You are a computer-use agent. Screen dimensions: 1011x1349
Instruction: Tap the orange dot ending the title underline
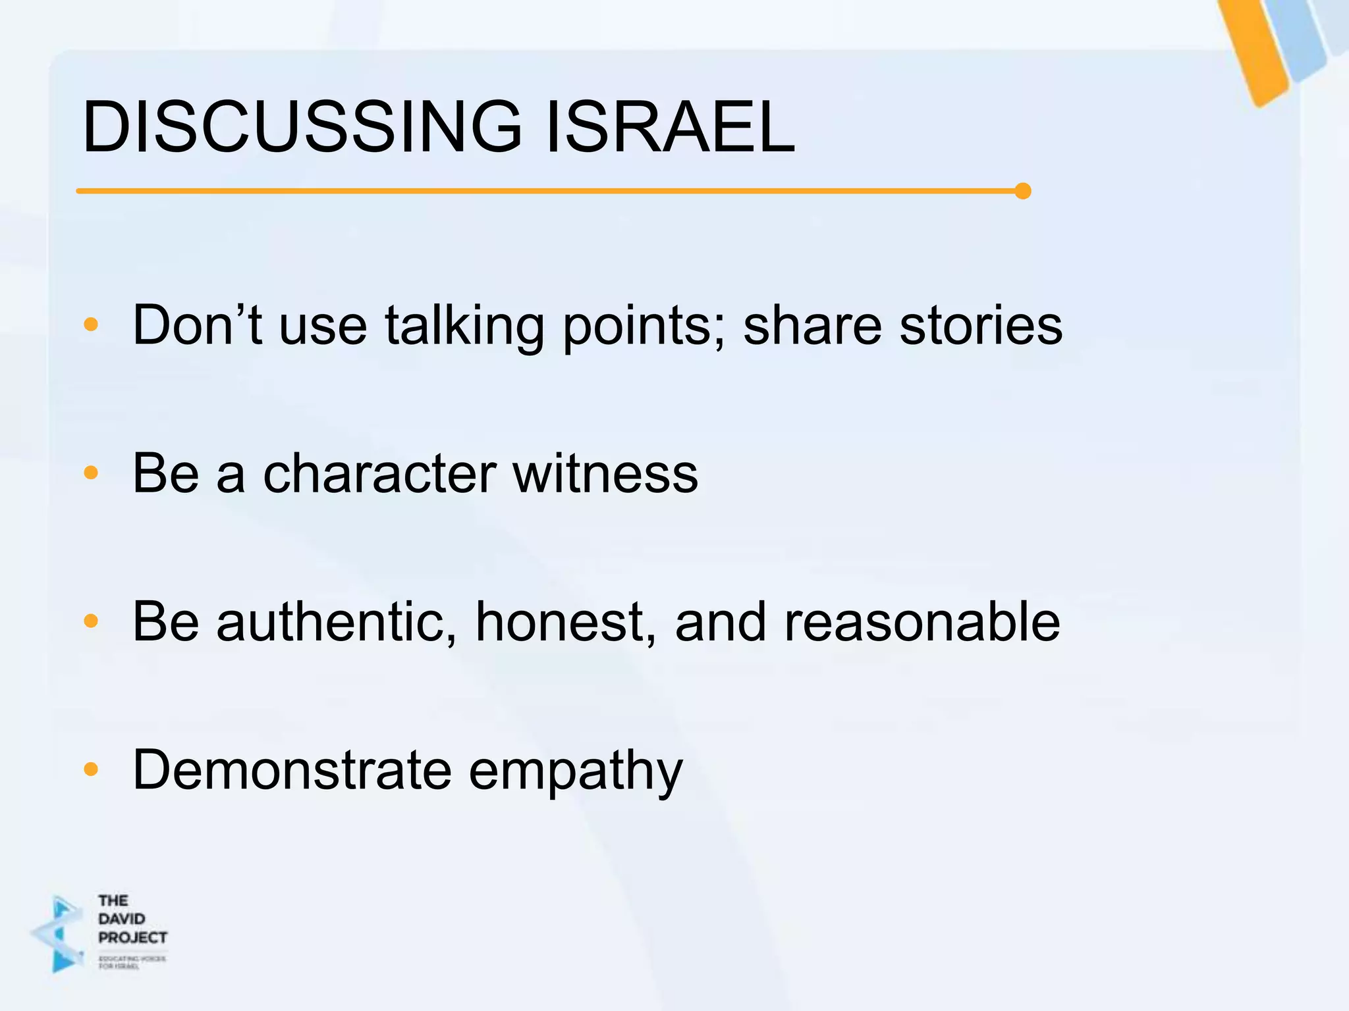coord(1022,191)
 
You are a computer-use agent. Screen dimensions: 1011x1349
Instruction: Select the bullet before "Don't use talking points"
coord(91,324)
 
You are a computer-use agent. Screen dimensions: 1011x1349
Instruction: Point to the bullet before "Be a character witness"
coord(91,472)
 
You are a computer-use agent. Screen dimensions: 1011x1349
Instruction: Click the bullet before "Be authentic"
coord(91,621)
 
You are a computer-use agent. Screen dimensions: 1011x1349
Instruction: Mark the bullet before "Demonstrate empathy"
coord(91,769)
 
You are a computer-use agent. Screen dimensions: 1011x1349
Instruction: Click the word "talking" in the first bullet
coord(464,326)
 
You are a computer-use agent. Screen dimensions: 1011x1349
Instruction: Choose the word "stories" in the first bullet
coord(981,325)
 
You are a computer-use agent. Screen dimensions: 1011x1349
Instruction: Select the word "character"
coord(379,473)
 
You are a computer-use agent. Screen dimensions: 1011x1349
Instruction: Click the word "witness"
coord(605,473)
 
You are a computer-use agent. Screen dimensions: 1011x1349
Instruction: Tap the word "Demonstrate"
coord(292,769)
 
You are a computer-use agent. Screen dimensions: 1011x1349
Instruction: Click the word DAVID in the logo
coord(122,918)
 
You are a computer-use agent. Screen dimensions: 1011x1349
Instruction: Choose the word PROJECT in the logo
coord(132,937)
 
